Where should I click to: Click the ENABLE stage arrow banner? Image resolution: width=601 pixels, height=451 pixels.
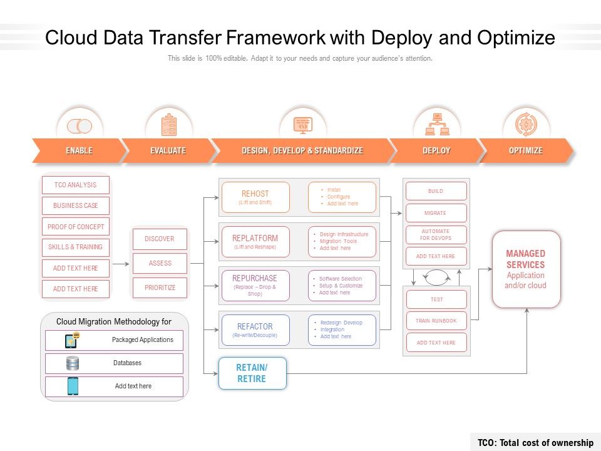79,151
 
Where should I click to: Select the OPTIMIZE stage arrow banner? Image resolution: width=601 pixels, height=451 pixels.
525,151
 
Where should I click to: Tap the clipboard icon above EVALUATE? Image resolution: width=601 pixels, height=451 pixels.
168,125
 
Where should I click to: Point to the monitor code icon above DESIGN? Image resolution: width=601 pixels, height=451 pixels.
302,125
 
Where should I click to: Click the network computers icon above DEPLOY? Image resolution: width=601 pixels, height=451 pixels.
437,125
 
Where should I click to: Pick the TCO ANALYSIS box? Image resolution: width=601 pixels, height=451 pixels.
75,185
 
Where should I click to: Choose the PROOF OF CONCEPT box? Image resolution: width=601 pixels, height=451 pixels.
75,227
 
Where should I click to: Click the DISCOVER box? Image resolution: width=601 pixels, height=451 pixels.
160,239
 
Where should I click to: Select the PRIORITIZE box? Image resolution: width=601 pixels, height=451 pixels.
160,288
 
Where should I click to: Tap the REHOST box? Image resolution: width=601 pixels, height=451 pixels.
255,197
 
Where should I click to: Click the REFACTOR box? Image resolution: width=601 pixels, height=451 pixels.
255,330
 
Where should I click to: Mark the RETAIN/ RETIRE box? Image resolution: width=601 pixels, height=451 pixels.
252,373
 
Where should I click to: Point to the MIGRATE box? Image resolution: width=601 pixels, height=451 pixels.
436,213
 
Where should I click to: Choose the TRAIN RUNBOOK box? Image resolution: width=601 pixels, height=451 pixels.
436,321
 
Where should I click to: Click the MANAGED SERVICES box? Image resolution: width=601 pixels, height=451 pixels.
526,269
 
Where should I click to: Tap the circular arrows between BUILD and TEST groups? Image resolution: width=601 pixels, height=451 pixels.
436,276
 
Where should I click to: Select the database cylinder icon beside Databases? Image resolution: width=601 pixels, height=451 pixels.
73,363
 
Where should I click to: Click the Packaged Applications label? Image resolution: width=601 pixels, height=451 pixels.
142,340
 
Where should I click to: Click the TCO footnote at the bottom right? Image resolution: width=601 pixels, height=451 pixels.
535,443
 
